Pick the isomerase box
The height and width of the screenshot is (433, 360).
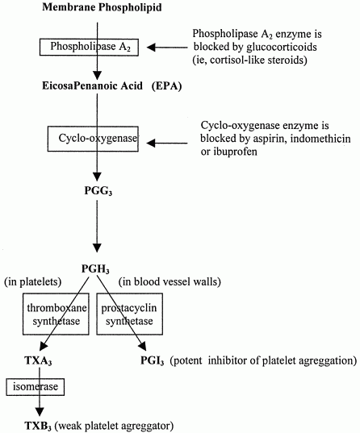pyautogui.click(x=33, y=388)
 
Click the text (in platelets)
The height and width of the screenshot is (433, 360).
pyautogui.click(x=34, y=281)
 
